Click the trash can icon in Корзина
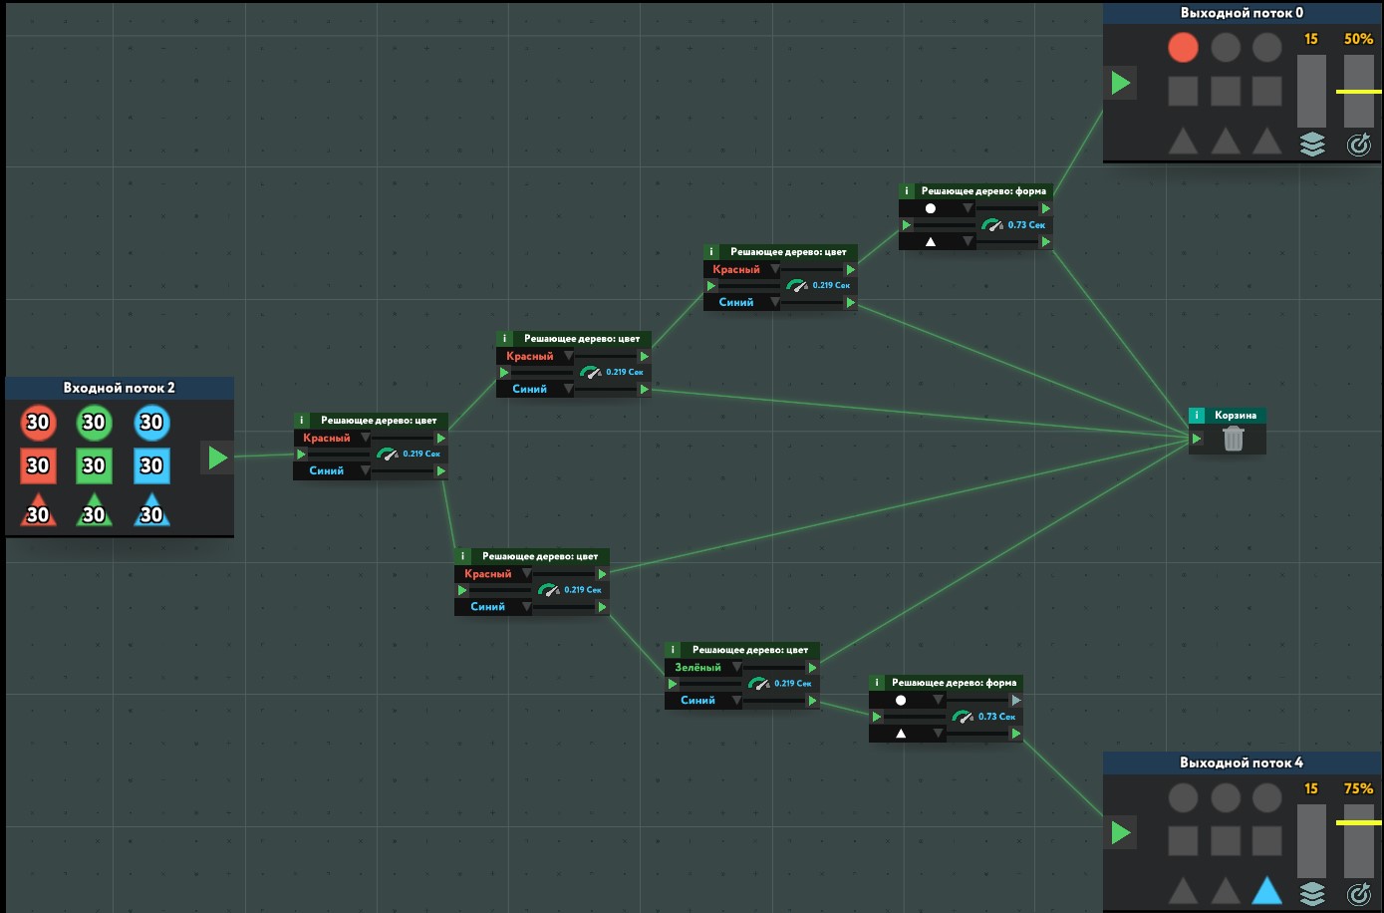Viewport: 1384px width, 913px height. tap(1233, 439)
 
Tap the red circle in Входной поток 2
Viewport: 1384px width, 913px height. tap(38, 423)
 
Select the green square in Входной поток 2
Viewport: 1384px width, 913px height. tap(94, 465)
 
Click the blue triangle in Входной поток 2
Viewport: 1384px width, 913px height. tap(151, 511)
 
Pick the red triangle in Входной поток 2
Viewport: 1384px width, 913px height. tap(38, 511)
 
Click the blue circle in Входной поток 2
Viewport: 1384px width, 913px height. tap(151, 423)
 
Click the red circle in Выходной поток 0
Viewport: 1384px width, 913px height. tap(1183, 47)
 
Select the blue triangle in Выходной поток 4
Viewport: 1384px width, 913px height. tap(1266, 890)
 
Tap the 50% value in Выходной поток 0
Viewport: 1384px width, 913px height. tap(1358, 39)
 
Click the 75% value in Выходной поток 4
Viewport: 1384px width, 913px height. tap(1358, 788)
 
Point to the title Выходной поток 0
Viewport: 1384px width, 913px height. tap(1242, 13)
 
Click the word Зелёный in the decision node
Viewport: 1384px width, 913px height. tap(697, 668)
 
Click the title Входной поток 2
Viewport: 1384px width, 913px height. tap(119, 388)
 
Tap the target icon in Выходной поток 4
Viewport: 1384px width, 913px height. tap(1358, 894)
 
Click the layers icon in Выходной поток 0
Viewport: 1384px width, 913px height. tap(1312, 145)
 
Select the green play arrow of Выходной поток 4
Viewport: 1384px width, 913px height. tap(1121, 832)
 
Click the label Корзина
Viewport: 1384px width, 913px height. tap(1236, 416)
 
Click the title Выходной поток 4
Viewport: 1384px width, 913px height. tap(1242, 762)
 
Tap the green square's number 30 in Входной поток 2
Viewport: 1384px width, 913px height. tap(94, 465)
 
